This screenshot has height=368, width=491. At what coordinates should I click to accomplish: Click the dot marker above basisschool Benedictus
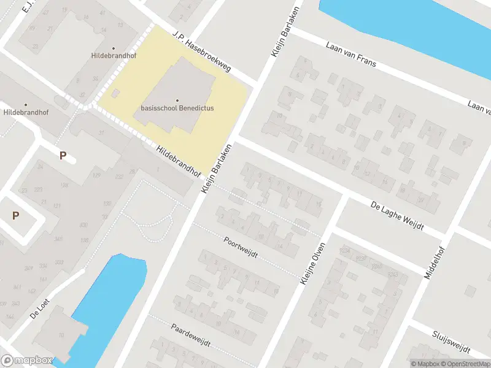177,100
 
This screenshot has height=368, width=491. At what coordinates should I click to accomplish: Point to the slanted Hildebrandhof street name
179,159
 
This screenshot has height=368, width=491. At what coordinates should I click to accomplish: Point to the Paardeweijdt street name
191,335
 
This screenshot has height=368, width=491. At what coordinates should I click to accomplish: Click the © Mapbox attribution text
424,364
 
